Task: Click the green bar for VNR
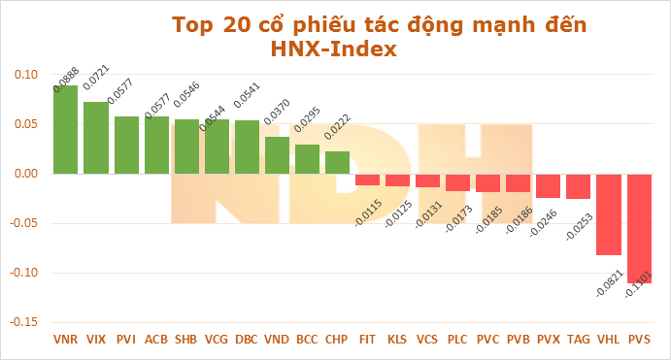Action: coord(66,130)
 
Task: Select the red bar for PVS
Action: coord(639,228)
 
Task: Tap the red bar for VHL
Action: coord(609,214)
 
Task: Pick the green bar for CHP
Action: coord(337,163)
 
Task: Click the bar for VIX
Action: coord(96,138)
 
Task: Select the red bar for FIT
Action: coord(367,180)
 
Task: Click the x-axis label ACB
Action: coord(156,341)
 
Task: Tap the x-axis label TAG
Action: coord(579,341)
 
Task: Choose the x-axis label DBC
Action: coord(247,341)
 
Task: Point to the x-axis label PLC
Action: coord(457,341)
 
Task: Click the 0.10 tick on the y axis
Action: coord(26,75)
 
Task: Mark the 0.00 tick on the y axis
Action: coord(26,174)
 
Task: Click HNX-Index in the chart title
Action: coord(334,49)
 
